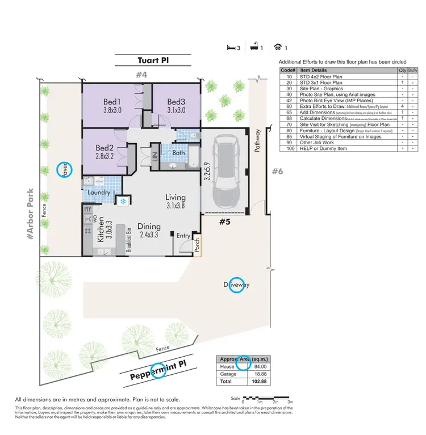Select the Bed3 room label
177,102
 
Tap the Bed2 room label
106,146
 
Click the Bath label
178,153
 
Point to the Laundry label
99,193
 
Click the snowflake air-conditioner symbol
122,202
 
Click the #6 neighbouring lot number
277,171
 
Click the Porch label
197,244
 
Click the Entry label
183,236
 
